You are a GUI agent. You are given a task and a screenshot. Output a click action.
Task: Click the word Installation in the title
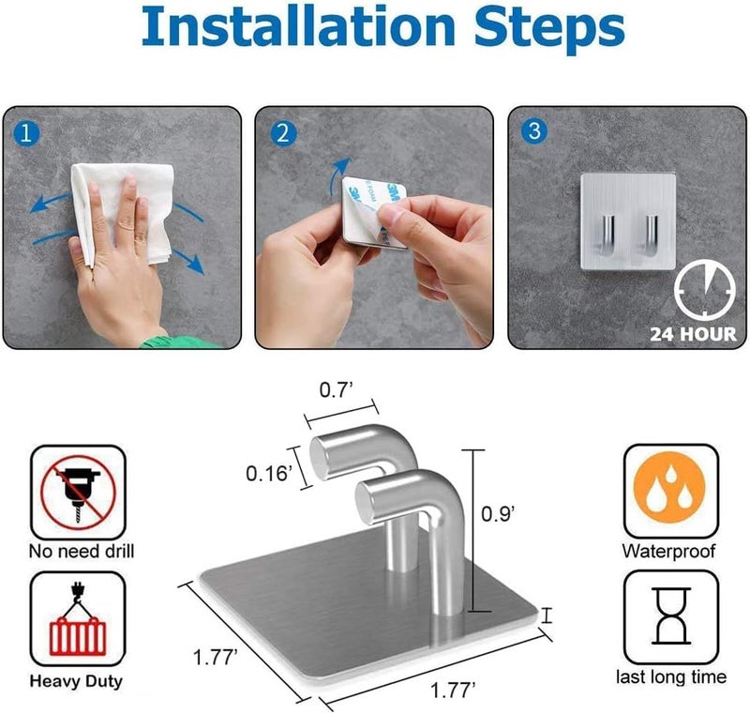(297, 27)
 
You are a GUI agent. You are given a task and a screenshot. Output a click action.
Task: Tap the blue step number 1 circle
(26, 133)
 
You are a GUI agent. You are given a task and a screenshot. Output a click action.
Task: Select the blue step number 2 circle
(283, 133)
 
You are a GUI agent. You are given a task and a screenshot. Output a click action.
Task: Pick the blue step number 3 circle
(534, 130)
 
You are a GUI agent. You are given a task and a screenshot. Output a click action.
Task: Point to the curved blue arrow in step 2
(337, 175)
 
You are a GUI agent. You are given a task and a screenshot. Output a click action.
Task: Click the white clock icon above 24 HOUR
(705, 290)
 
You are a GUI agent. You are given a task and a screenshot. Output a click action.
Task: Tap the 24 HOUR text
(693, 334)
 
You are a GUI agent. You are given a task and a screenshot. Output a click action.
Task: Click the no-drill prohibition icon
(78, 493)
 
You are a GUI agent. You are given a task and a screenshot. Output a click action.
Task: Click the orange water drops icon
(669, 489)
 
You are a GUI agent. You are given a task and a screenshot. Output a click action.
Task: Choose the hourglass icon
(671, 616)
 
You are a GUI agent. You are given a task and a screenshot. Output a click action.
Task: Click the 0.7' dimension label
(336, 390)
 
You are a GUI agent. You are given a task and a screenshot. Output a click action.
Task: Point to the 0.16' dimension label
(269, 474)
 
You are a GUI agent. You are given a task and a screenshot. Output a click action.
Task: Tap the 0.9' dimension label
(498, 513)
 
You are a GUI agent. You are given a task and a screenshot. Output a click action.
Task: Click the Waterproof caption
(668, 551)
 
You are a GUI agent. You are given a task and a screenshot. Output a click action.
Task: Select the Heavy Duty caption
(76, 681)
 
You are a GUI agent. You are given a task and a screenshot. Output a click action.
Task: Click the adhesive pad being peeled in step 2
(374, 212)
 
